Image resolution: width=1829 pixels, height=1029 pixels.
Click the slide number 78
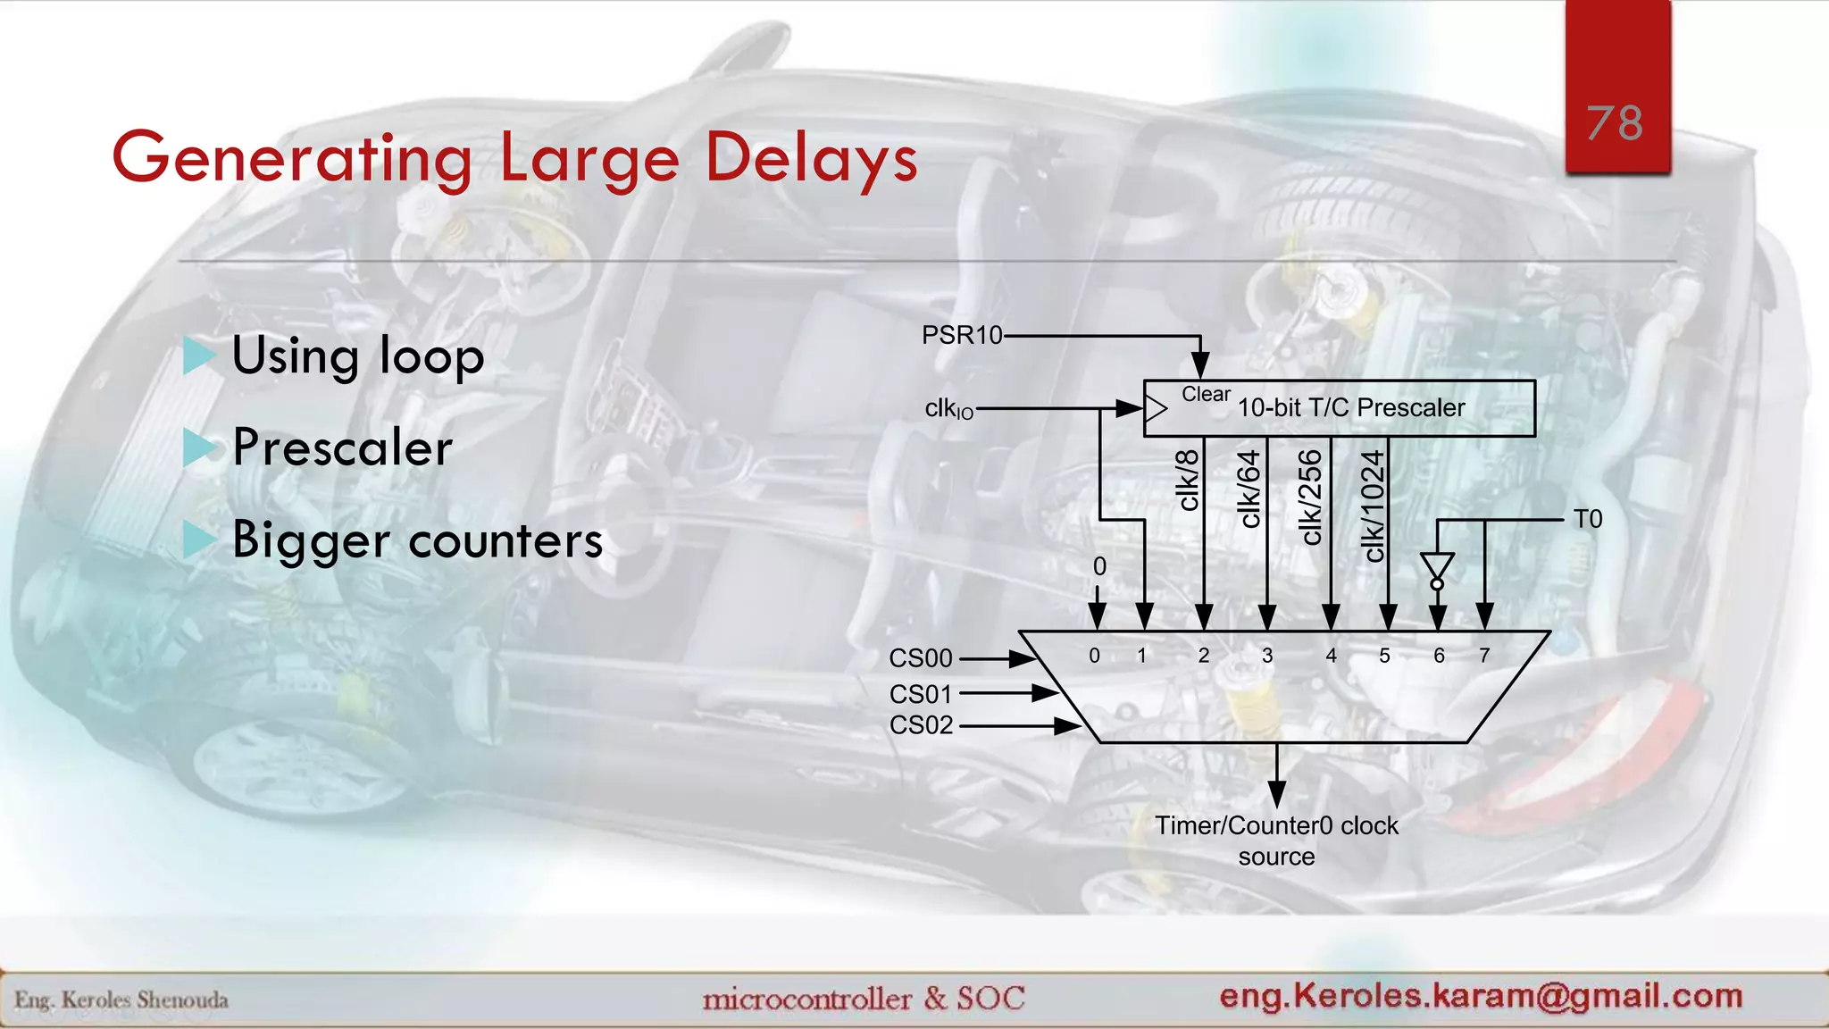[x=1615, y=122]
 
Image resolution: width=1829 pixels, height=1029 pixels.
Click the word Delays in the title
[x=811, y=159]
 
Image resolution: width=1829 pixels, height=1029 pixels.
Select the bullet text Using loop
[x=357, y=356]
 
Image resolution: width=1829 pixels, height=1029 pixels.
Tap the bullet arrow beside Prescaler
[x=198, y=448]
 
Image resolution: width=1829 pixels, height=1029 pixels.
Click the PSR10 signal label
[x=962, y=335]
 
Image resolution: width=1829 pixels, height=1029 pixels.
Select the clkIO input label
[x=948, y=409]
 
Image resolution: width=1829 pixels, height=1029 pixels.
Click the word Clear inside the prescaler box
[x=1206, y=394]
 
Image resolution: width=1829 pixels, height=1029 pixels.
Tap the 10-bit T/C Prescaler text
[x=1350, y=408]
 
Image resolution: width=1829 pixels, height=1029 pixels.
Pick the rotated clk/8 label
[x=1188, y=480]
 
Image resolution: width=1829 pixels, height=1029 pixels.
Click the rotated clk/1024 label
[x=1373, y=506]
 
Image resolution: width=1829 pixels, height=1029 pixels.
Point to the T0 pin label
[x=1587, y=519]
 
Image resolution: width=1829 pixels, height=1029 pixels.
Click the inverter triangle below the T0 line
[x=1437, y=566]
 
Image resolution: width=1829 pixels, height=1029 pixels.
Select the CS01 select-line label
[x=921, y=694]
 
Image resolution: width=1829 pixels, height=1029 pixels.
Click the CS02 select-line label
[x=921, y=725]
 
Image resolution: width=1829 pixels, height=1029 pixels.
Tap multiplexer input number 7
[x=1484, y=656]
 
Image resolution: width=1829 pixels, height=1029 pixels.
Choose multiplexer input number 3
[x=1267, y=656]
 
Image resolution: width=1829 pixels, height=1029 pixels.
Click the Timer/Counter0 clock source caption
[x=1276, y=841]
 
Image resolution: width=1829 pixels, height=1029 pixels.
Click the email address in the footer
[x=1481, y=995]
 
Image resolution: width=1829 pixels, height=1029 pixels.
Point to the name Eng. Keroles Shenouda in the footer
[x=121, y=1000]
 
